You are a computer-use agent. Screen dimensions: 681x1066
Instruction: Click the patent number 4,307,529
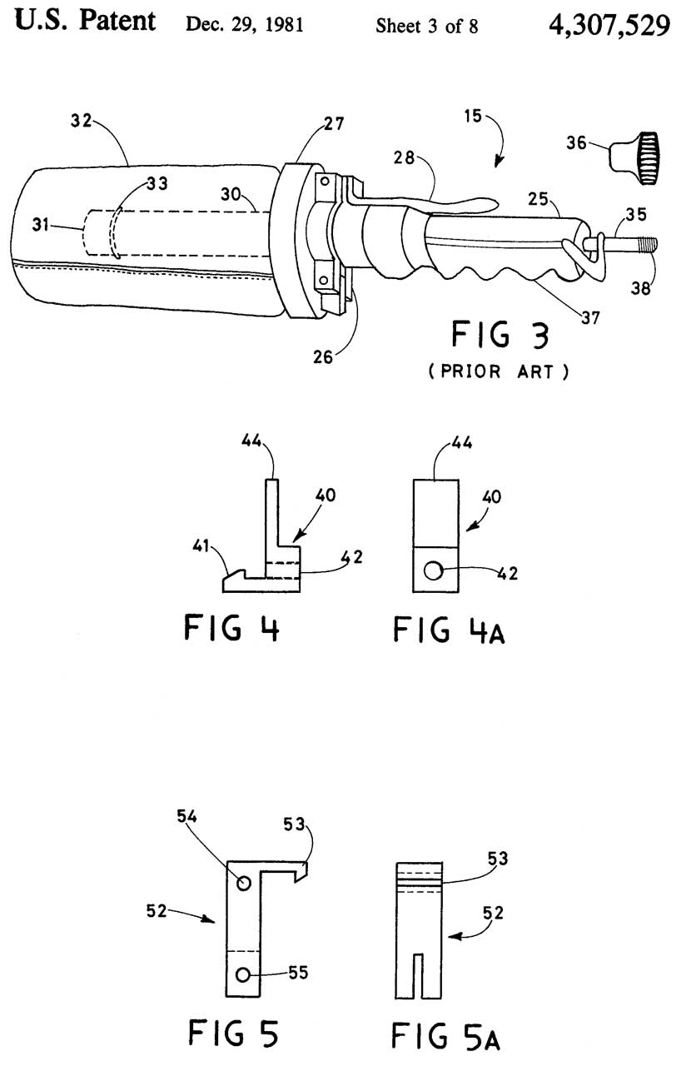pyautogui.click(x=609, y=25)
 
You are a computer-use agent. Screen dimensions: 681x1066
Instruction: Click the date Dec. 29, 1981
pyautogui.click(x=245, y=24)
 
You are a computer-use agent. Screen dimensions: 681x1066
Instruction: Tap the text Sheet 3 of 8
pyautogui.click(x=426, y=26)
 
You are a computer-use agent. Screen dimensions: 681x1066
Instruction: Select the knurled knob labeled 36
pyautogui.click(x=634, y=158)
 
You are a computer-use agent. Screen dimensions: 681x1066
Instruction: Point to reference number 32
pyautogui.click(x=82, y=121)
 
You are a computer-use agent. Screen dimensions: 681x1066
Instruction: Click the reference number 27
pyautogui.click(x=334, y=124)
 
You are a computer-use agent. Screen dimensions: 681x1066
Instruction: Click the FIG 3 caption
pyautogui.click(x=500, y=335)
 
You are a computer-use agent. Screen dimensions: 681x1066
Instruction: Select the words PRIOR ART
pyautogui.click(x=498, y=371)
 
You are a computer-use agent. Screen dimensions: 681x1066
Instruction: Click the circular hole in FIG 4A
pyautogui.click(x=433, y=570)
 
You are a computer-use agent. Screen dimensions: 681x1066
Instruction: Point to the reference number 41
pyautogui.click(x=201, y=545)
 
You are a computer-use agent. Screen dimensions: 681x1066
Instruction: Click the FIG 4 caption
pyautogui.click(x=231, y=627)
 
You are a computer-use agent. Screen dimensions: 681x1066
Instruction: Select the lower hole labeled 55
pyautogui.click(x=243, y=975)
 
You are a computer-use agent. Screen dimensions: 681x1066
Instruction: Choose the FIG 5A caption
pyautogui.click(x=445, y=1035)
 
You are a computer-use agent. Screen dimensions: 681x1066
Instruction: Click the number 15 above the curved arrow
pyautogui.click(x=473, y=116)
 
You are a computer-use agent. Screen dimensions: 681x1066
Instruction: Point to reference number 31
pyautogui.click(x=41, y=224)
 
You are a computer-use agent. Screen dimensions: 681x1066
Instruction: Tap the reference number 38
pyautogui.click(x=640, y=288)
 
